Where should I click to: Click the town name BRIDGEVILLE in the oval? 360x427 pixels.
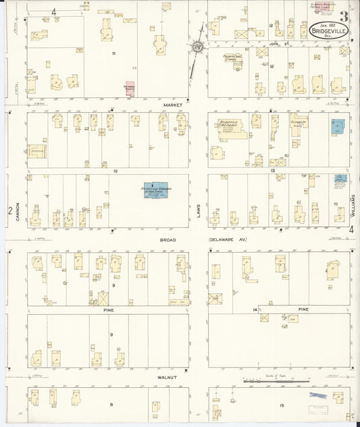[329, 31]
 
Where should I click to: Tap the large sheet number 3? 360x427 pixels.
[344, 16]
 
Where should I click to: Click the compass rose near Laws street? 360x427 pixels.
[198, 47]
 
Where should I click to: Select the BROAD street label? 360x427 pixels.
[169, 239]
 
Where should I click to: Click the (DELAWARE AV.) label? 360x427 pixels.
[226, 239]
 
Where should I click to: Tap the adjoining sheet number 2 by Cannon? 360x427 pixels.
[10, 211]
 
